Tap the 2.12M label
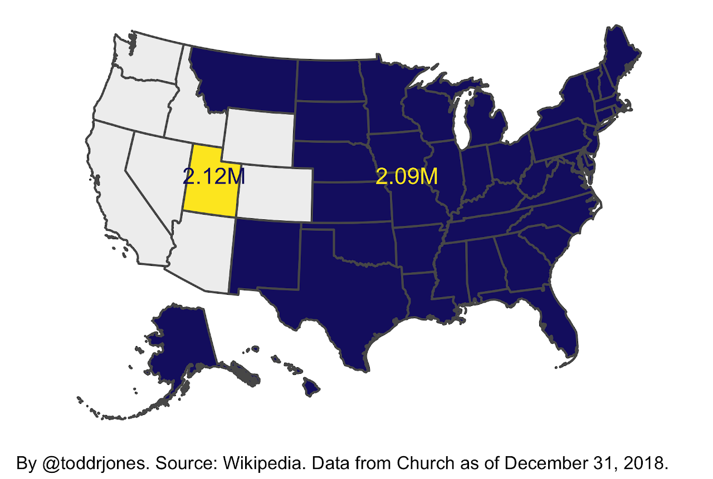click(214, 176)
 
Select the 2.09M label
click(407, 176)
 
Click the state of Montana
click(245, 78)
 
